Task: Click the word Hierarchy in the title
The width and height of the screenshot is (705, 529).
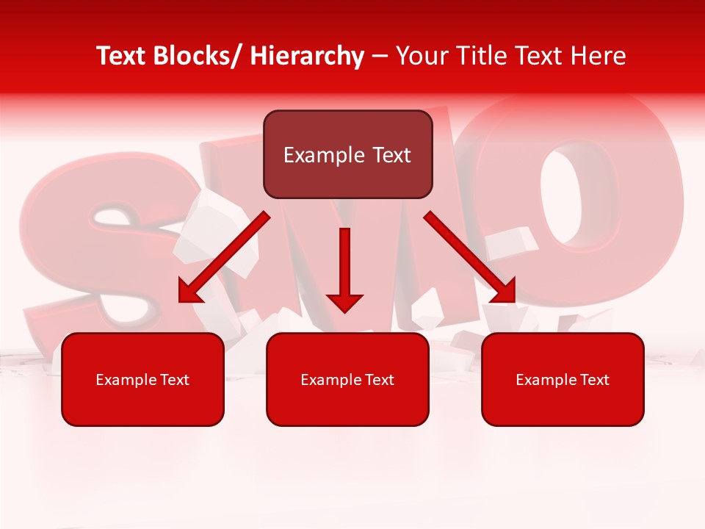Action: [x=307, y=57]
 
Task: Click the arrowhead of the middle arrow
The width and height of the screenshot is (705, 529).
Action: [x=345, y=301]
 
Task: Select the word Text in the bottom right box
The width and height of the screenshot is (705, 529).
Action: [x=593, y=380]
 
